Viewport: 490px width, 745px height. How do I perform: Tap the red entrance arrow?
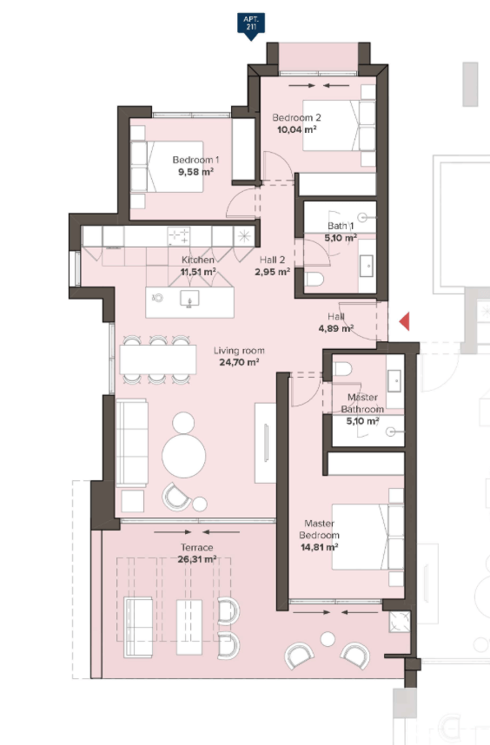pos(405,321)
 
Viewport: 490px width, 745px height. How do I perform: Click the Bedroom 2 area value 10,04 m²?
pos(297,129)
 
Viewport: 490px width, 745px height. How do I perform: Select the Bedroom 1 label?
pos(195,160)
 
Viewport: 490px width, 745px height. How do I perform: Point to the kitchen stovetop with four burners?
pos(179,235)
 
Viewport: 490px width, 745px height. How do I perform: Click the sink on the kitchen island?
pos(189,300)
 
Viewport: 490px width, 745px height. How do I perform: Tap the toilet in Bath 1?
pos(315,279)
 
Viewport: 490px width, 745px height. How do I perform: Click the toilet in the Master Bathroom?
pos(342,369)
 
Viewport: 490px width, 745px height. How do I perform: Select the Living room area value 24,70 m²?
pos(239,363)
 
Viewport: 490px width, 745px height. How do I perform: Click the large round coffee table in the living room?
pos(184,456)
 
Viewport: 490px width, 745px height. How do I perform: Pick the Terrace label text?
pos(196,547)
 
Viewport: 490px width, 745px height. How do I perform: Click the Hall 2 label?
pos(272,260)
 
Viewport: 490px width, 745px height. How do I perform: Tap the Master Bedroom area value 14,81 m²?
pos(320,547)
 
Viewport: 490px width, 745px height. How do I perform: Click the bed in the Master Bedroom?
pos(367,537)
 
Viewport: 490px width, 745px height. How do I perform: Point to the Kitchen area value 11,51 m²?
pos(198,273)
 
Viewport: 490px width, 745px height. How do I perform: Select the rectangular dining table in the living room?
pos(158,359)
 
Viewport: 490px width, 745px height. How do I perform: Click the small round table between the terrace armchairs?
pos(328,639)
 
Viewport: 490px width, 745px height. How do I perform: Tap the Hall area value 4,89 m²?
pos(336,328)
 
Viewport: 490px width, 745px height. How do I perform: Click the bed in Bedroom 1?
pos(167,167)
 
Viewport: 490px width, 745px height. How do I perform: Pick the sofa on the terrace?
pos(138,627)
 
